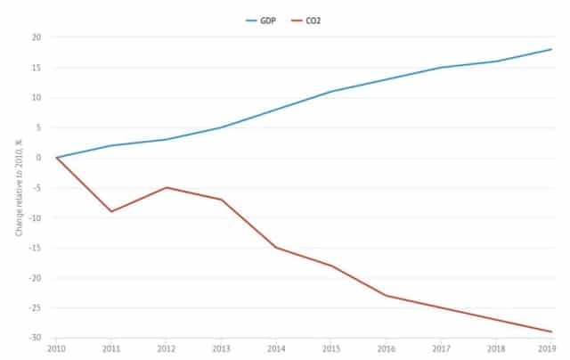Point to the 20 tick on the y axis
pyautogui.click(x=37, y=37)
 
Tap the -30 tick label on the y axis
pyautogui.click(x=35, y=338)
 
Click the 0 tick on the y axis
pyautogui.click(x=39, y=158)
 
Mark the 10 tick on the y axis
pyautogui.click(x=37, y=97)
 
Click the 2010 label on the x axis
pyautogui.click(x=56, y=349)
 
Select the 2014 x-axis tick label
pyautogui.click(x=277, y=349)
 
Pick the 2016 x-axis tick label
pyautogui.click(x=387, y=349)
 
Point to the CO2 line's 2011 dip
pyautogui.click(x=111, y=211)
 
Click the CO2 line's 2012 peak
pyautogui.click(x=167, y=187)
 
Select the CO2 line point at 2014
pyautogui.click(x=277, y=248)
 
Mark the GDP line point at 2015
pyautogui.click(x=331, y=91)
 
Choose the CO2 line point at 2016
pyautogui.click(x=387, y=295)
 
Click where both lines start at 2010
pyautogui.click(x=56, y=158)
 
